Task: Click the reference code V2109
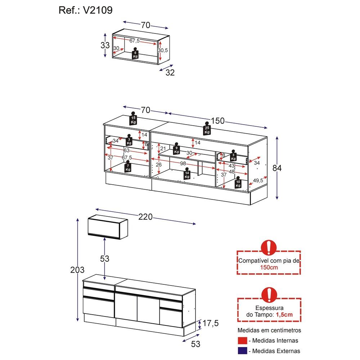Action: click(98, 10)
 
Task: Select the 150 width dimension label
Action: click(218, 121)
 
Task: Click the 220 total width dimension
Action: click(145, 217)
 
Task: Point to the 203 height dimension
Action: click(77, 270)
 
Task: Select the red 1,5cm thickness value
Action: click(284, 315)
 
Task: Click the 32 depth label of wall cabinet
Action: click(170, 72)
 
